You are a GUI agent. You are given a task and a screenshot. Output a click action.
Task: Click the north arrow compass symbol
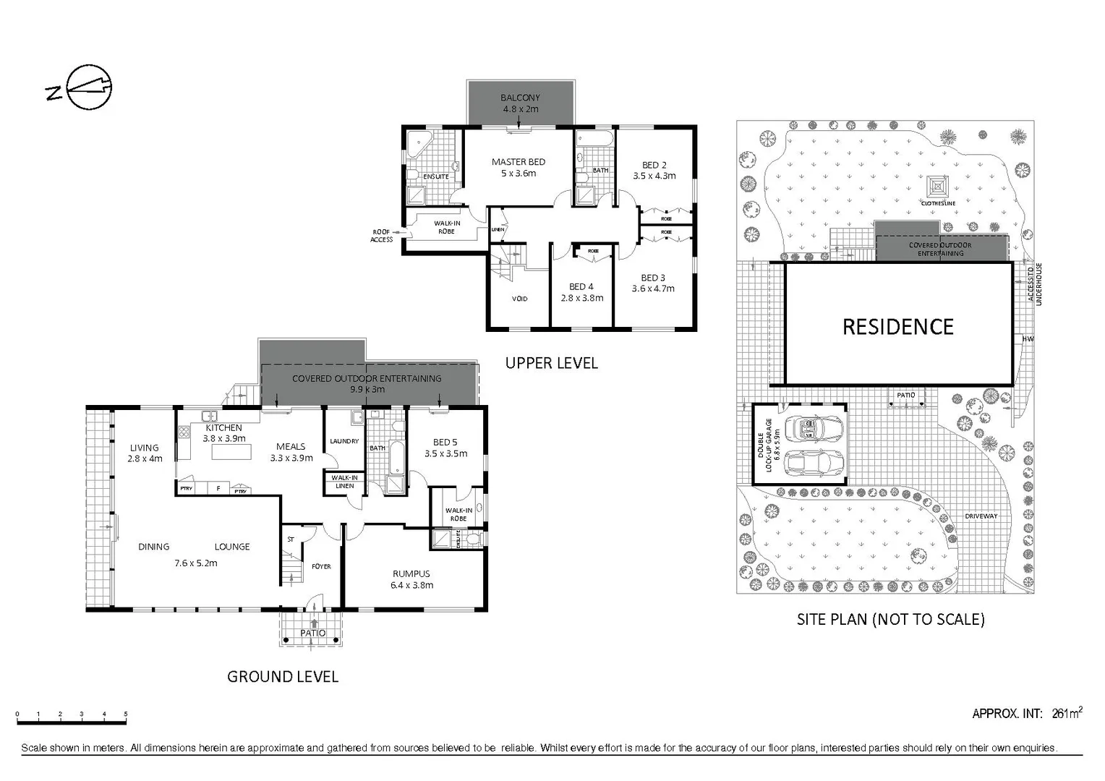[88, 88]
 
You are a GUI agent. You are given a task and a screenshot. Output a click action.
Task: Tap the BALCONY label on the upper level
[520, 98]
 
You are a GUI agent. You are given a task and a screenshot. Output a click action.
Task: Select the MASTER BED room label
[519, 162]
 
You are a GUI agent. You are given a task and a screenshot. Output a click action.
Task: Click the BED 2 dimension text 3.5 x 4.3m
[654, 176]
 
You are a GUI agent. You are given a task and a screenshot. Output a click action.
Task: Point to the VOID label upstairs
[519, 299]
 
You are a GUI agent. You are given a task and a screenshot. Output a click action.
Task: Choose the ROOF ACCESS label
[381, 236]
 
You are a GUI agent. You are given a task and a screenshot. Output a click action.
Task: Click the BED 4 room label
[581, 287]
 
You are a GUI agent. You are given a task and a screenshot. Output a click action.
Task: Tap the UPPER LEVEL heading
[551, 363]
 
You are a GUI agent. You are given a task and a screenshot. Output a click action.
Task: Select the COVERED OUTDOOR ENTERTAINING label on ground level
[367, 378]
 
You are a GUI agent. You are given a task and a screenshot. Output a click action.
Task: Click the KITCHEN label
[223, 428]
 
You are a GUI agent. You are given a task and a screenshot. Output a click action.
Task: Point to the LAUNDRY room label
[344, 441]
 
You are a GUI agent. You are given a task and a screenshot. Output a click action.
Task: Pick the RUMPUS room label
[411, 574]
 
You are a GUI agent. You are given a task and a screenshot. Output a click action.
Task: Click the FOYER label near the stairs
[321, 566]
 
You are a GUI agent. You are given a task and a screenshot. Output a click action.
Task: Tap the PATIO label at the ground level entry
[313, 633]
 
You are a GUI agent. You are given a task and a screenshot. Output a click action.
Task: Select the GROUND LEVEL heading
[283, 677]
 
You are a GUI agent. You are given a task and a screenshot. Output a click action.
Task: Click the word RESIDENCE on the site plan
[898, 327]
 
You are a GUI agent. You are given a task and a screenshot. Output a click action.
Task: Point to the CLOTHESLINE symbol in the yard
[938, 187]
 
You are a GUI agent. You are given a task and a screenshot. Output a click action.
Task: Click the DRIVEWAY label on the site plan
[981, 516]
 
